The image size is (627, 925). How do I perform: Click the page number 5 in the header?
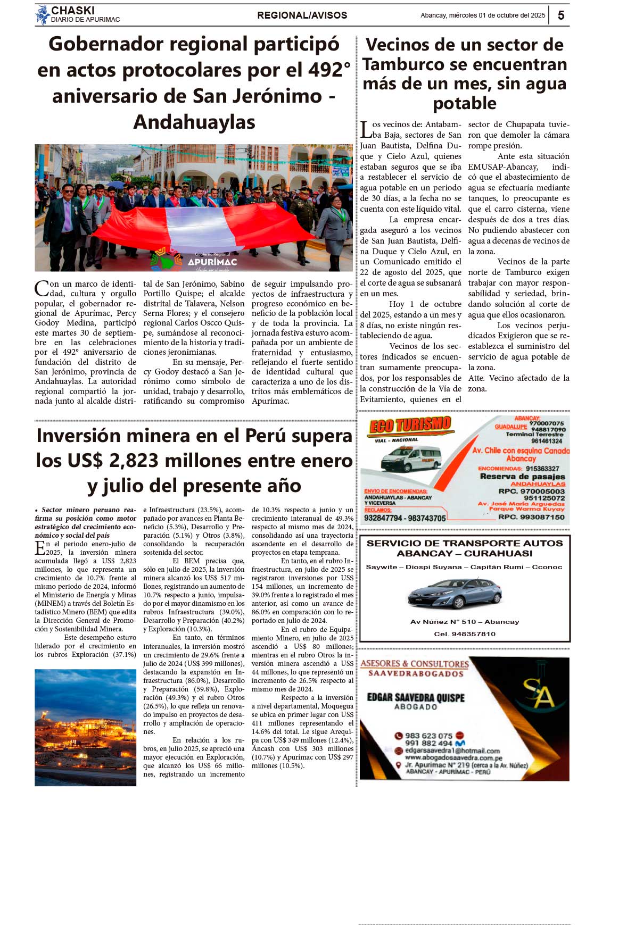560,15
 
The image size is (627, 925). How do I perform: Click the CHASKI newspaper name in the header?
73,11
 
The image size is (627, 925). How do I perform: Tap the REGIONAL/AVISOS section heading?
302,15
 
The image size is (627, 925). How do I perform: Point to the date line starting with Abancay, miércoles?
482,15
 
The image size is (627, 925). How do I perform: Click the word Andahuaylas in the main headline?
194,122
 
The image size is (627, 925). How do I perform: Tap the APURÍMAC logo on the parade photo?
212,261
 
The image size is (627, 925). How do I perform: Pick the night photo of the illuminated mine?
85,727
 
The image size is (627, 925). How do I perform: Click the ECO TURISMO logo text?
410,426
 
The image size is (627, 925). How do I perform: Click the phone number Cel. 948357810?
464,634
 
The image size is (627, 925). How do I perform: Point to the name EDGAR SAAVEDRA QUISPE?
416,697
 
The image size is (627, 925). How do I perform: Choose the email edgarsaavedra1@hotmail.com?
452,751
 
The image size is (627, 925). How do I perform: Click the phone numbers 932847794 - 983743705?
405,518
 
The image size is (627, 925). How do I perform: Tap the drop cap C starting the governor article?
42,289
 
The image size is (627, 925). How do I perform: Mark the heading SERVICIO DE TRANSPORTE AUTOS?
464,543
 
